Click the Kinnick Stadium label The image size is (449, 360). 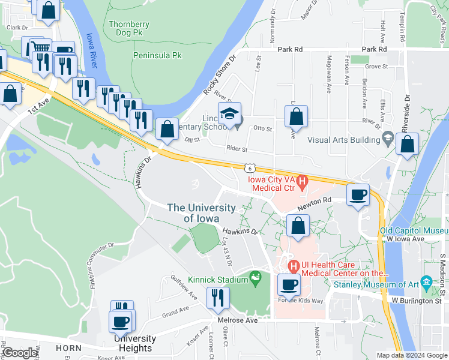point(218,280)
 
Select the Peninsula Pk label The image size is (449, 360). point(156,55)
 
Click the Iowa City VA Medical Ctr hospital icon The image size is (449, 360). point(303,179)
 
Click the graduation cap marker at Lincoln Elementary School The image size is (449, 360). point(229,114)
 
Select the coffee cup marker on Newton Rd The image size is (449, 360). point(358,195)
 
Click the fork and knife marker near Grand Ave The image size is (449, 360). point(217,297)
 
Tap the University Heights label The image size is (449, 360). point(135,343)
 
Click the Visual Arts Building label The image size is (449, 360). point(343,140)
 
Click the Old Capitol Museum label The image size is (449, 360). point(414,230)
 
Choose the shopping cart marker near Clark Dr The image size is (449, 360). point(40,49)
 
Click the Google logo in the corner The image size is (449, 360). point(20,353)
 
